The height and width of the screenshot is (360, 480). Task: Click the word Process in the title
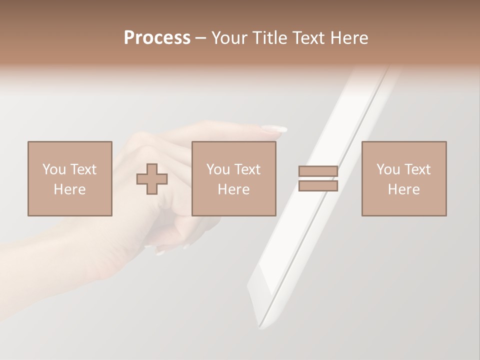pos(157,38)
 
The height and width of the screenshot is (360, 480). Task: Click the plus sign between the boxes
pos(152,179)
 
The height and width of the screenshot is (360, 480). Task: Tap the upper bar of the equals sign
pos(318,171)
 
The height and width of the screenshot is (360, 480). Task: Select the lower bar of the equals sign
pos(318,186)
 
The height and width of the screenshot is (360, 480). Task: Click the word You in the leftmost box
pos(54,169)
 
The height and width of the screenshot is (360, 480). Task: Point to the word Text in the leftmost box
pos(83,169)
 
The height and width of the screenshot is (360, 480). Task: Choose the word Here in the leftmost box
pos(69,189)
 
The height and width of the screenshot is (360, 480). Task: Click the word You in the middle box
pos(218,169)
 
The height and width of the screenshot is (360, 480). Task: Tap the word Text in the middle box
pos(247,169)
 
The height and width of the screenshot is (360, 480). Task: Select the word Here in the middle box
pos(233,189)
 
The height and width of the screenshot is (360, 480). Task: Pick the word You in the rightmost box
pos(388,169)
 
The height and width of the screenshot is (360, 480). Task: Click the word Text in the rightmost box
pos(417,169)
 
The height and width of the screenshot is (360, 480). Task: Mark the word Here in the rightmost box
pos(403,189)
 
